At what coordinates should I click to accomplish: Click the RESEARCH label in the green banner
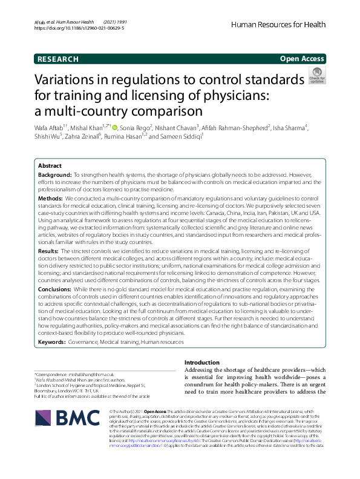click(x=57, y=59)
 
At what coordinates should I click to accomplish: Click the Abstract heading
click(x=50, y=165)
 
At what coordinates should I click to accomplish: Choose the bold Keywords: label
click(x=53, y=342)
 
